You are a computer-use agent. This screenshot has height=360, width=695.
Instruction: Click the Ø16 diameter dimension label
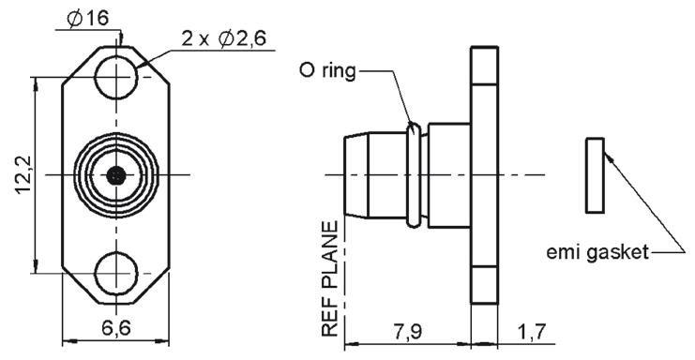87,18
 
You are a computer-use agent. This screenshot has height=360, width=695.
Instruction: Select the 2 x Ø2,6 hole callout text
224,39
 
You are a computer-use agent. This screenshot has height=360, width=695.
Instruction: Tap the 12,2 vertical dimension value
23,174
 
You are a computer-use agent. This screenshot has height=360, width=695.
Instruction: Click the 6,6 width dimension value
116,328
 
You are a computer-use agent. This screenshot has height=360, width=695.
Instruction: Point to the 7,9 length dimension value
408,331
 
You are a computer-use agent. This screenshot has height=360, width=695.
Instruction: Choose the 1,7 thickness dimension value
531,331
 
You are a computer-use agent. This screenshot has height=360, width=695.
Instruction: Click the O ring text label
327,71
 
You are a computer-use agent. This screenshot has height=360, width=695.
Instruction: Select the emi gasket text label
597,252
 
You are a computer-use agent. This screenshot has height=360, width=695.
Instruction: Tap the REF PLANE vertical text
330,279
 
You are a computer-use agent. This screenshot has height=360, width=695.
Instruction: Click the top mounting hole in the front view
116,78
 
